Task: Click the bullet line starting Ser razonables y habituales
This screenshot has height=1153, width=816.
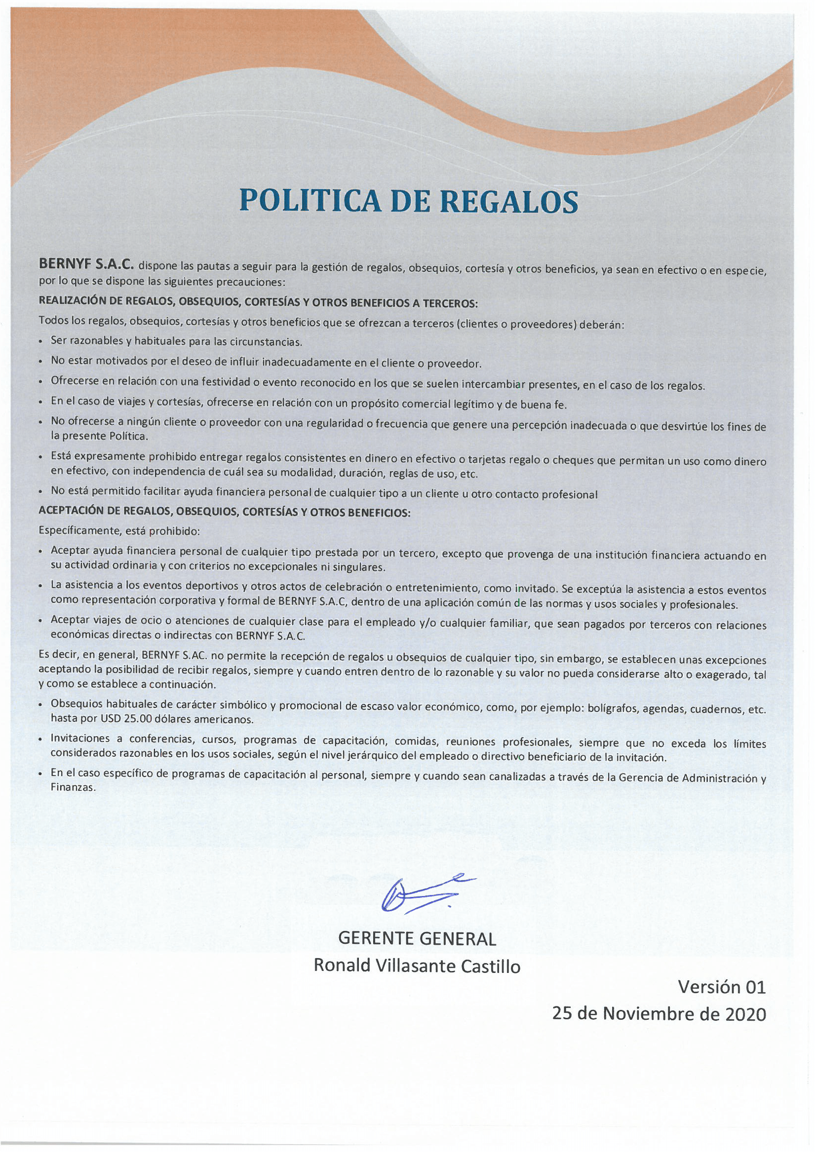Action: coord(176,341)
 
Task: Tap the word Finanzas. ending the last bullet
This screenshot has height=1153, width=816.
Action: coord(73,788)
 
